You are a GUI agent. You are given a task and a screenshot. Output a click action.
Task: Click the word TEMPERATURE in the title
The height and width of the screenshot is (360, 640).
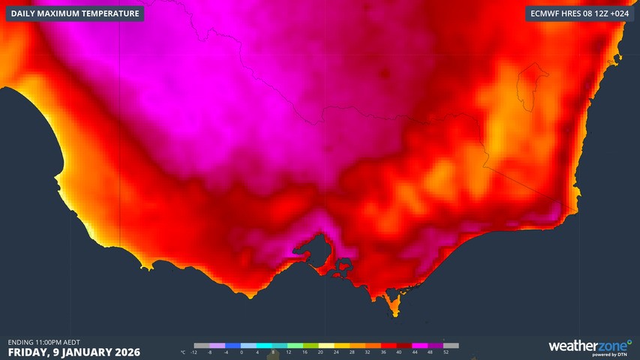point(110,13)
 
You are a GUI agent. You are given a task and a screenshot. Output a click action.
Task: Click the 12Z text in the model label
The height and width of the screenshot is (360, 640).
point(596,13)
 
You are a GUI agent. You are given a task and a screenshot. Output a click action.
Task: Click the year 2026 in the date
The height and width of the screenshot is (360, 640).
point(124,352)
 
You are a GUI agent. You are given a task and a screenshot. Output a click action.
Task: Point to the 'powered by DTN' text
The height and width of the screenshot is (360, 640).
point(616,354)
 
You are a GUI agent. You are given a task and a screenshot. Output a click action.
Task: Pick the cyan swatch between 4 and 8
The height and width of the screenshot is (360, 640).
point(265,346)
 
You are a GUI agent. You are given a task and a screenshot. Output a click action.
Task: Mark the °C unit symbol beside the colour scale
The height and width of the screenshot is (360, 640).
point(184,352)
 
